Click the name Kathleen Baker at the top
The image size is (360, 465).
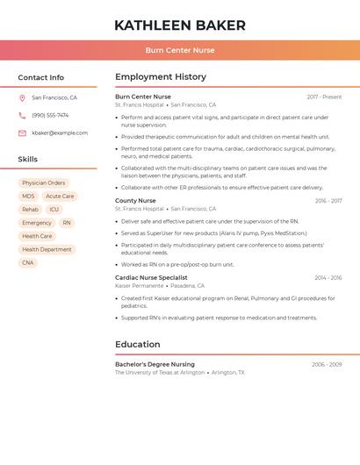tap(180, 25)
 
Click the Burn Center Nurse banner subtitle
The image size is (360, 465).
tap(180, 50)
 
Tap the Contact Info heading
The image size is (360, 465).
tap(41, 77)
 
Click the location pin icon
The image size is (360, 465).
tap(22, 98)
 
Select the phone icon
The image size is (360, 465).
tap(22, 116)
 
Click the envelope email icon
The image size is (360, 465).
tap(22, 133)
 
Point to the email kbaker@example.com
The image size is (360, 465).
tap(60, 133)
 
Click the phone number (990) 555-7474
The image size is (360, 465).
tap(50, 116)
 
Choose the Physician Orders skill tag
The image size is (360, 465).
tap(44, 183)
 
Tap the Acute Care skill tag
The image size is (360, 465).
tap(60, 197)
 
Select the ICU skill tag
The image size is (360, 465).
tap(54, 210)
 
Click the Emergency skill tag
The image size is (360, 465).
tap(37, 223)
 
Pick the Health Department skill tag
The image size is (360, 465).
tap(47, 249)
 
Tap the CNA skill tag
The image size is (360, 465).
tap(28, 262)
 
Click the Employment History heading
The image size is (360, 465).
tap(161, 77)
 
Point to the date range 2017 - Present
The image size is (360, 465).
tap(324, 97)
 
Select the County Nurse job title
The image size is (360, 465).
tap(135, 201)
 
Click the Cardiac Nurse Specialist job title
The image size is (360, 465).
tap(151, 277)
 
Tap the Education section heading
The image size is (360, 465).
tap(138, 344)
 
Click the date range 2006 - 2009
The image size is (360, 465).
tap(327, 364)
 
